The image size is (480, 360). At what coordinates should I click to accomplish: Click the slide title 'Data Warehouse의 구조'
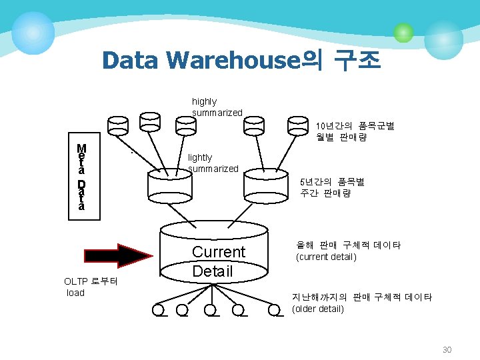241,61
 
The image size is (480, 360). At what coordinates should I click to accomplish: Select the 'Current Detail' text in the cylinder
218,261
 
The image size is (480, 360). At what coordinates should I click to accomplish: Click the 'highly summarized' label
217,107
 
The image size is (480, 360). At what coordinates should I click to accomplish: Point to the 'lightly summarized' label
213,163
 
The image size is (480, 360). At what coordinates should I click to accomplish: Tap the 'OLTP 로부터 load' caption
91,287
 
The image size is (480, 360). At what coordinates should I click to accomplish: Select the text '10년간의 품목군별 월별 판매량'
355,131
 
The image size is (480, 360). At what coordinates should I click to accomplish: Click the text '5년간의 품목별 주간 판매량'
332,187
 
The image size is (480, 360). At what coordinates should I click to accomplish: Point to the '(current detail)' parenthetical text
326,257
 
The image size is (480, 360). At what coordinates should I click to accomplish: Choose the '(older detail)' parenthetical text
318,309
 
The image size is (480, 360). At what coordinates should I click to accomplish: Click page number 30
447,350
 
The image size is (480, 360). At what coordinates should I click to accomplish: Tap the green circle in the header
403,32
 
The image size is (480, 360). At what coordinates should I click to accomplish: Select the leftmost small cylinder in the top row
119,125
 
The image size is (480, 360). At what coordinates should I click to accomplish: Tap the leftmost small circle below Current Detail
159,310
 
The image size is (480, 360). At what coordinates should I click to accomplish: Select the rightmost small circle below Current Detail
273,310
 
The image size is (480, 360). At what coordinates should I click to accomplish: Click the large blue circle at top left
33,33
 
